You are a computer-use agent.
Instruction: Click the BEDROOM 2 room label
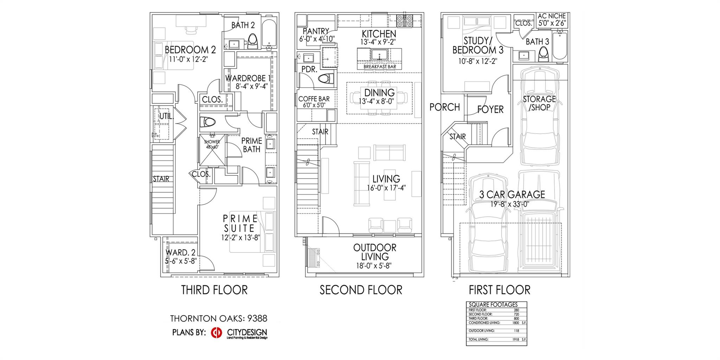[x=190, y=50]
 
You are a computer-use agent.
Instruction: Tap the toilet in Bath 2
[x=253, y=41]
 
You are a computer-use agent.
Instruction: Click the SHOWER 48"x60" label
[x=212, y=144]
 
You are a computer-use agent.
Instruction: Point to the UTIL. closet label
[x=166, y=116]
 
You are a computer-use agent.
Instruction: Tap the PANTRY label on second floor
[x=316, y=31]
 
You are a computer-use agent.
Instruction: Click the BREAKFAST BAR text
[x=379, y=66]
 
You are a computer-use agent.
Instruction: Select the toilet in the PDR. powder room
[x=326, y=79]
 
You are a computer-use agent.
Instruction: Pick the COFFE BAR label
[x=314, y=99]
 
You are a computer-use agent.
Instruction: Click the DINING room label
[x=379, y=93]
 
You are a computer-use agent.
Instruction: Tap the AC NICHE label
[x=552, y=16]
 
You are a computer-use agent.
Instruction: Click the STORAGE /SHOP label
[x=539, y=103]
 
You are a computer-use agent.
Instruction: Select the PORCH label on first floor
[x=444, y=107]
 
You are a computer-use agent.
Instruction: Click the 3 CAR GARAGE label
[x=512, y=194]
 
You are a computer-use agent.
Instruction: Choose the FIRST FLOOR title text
[x=499, y=290]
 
